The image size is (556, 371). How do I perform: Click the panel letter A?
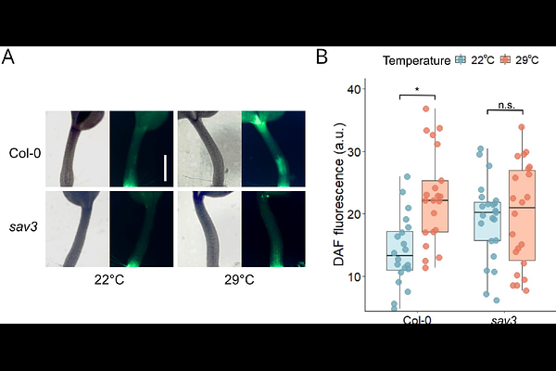(8, 58)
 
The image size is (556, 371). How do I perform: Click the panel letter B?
(322, 58)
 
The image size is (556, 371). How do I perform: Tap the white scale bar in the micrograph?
(165, 168)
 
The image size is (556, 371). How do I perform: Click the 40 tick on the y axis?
(353, 89)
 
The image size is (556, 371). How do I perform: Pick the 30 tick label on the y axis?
(353, 151)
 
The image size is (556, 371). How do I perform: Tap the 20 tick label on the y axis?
(353, 213)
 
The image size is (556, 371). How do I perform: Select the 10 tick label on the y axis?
(353, 275)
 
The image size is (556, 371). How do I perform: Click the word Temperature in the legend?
(416, 60)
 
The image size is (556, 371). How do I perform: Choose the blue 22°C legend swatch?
(461, 60)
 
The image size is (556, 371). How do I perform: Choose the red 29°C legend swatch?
(505, 60)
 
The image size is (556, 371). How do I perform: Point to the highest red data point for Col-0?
(425, 109)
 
